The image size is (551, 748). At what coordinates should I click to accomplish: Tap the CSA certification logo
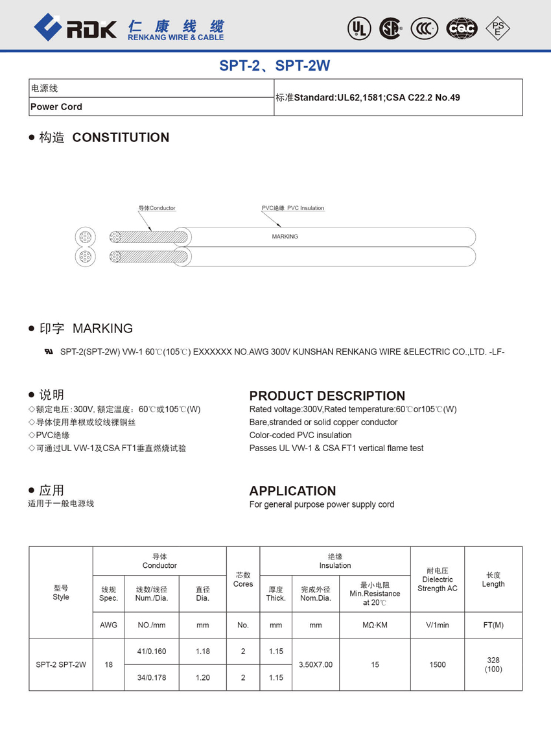point(390,28)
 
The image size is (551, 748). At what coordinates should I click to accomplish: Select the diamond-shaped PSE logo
point(498,28)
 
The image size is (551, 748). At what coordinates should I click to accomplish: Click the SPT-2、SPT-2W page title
point(275,65)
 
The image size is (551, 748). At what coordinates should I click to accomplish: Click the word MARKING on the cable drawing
point(285,237)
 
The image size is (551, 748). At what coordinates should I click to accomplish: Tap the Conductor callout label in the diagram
point(157,208)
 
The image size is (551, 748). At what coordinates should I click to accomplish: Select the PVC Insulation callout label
point(293,208)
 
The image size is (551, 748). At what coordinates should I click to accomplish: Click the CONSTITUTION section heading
point(121,137)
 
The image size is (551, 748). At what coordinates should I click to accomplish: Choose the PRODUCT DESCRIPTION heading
point(327,395)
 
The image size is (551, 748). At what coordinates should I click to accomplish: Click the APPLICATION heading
point(292,491)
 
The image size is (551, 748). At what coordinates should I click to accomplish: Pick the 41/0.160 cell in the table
point(152,651)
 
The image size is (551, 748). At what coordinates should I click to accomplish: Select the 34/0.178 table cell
point(152,677)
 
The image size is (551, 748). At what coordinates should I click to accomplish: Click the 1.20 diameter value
point(203,677)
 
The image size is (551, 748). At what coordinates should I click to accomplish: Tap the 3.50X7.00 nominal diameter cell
point(316,664)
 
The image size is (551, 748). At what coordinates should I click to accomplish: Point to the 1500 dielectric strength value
point(438,664)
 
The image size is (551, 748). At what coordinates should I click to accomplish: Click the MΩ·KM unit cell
point(375,625)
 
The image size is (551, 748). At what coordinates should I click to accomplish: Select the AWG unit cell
point(109,625)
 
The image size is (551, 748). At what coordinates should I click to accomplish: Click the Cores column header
point(243,579)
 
